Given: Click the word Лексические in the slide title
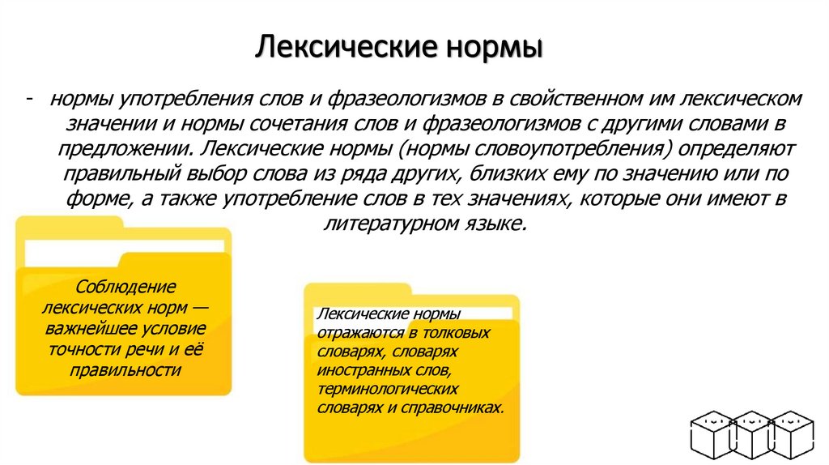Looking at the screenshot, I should pyautogui.click(x=343, y=46).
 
